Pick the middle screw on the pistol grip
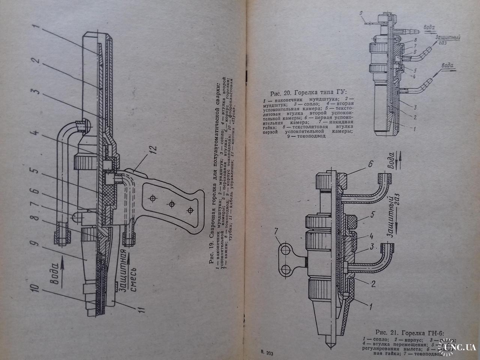[172, 204]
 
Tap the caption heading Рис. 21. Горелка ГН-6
[412, 332]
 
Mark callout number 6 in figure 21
[370, 164]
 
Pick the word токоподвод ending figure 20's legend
[313, 136]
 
